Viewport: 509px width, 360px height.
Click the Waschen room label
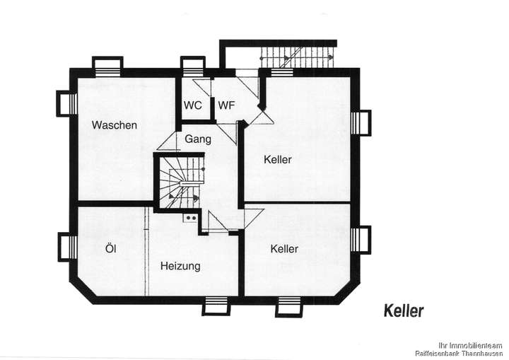(114, 125)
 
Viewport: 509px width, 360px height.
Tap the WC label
(192, 105)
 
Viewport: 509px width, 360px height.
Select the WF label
(226, 105)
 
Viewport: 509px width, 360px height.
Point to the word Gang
(198, 139)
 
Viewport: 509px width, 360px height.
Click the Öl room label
(110, 248)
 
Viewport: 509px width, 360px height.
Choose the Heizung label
(180, 267)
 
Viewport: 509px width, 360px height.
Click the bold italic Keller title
(404, 310)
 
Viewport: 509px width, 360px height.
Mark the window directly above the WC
(192, 66)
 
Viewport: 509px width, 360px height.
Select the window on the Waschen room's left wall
(66, 103)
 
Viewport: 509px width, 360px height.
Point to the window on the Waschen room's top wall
(108, 65)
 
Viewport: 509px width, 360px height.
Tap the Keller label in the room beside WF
(277, 160)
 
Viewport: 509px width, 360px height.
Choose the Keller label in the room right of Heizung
(283, 249)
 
